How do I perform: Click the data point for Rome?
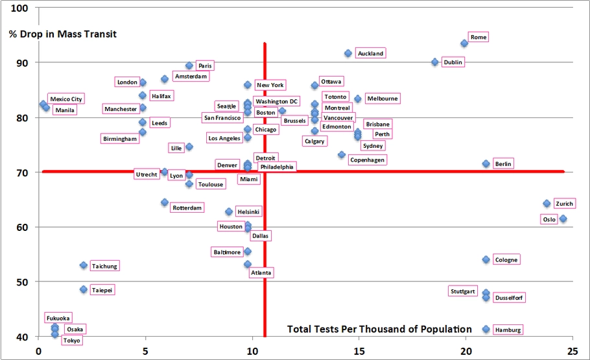click(464, 43)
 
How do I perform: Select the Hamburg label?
click(508, 330)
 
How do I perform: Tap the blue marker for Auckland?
click(348, 53)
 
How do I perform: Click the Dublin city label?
click(453, 62)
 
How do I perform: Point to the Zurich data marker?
click(547, 204)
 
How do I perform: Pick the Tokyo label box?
click(72, 341)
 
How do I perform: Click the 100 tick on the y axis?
click(21, 8)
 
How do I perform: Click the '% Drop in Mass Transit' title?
click(63, 34)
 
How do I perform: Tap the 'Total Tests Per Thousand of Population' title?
click(379, 330)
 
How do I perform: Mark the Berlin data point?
click(486, 163)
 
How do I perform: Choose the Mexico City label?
click(66, 99)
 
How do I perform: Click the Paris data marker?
click(189, 66)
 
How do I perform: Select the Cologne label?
click(506, 259)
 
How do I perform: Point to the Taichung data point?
click(84, 265)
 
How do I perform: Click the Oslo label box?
click(549, 219)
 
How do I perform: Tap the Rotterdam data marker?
click(165, 202)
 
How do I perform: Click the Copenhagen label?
click(367, 160)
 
